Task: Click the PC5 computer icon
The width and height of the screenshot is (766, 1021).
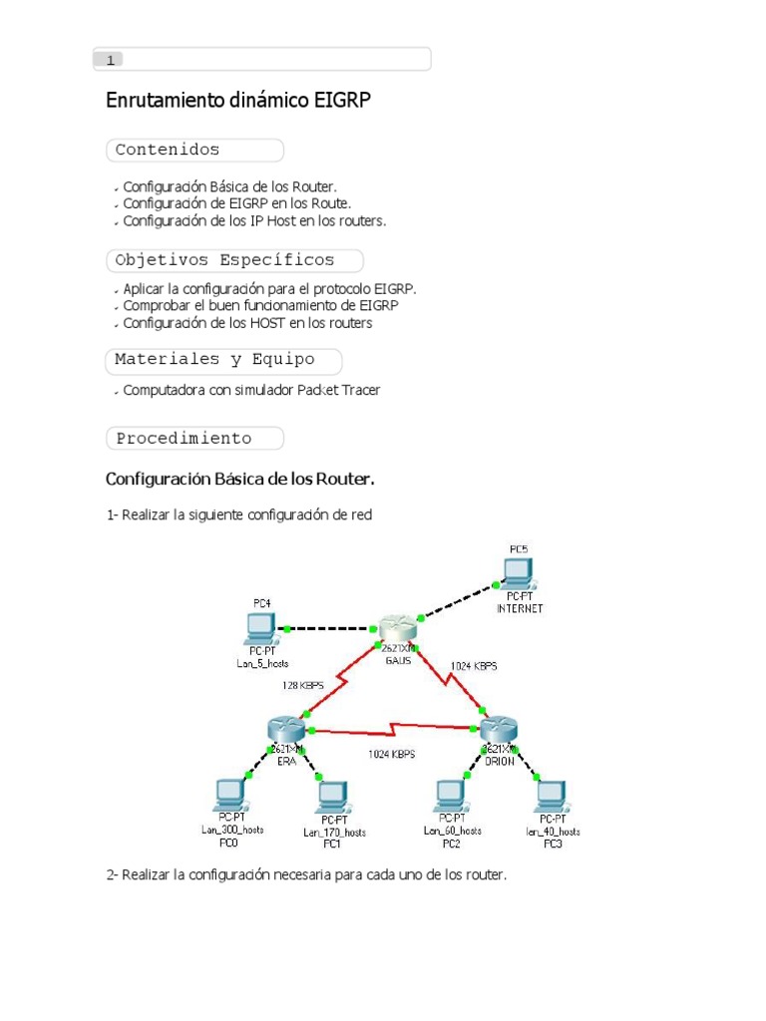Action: coord(519,572)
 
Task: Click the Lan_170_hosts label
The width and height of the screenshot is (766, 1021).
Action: coord(334,832)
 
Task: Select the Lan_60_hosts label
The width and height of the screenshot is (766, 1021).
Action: coord(453,830)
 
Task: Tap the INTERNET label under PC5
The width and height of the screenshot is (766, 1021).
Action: coord(520,608)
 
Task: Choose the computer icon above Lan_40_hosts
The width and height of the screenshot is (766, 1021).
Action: coord(552,797)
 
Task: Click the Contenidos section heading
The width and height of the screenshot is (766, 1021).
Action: coord(168,151)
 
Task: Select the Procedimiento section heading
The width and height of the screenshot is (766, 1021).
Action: coord(184,439)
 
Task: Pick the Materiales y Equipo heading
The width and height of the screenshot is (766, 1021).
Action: coord(214,359)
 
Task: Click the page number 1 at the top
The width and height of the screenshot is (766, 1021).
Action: coord(110,60)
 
